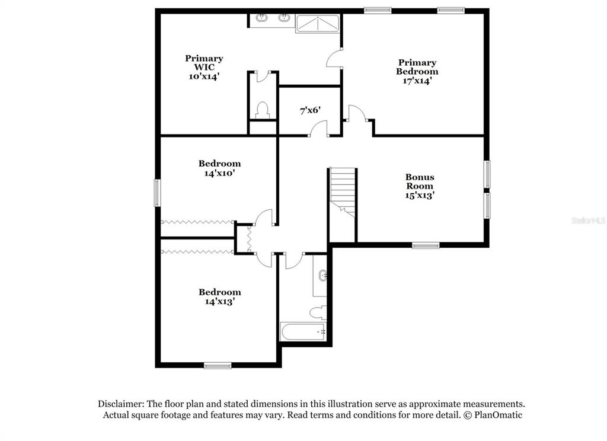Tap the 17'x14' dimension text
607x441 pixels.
pos(417,81)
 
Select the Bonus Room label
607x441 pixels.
pos(420,181)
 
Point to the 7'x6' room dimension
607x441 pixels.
pos(310,110)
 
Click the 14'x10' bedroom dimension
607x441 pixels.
pos(219,173)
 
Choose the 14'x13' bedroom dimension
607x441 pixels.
pos(220,301)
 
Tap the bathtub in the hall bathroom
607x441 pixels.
pos(303,331)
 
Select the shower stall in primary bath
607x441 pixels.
pos(318,24)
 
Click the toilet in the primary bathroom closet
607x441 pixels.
pos(263,110)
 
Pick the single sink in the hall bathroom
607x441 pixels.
pos(322,275)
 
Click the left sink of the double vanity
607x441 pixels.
pos(262,17)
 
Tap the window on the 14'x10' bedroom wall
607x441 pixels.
pos(157,193)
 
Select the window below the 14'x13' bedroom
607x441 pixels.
pos(218,365)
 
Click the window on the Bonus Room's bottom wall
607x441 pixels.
pos(426,245)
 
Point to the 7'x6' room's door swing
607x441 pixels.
pos(318,129)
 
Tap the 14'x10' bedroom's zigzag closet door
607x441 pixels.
pos(197,222)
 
